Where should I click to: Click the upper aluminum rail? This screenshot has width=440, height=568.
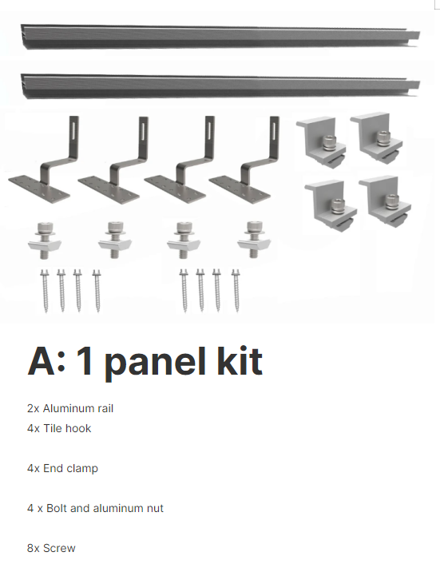[x=220, y=37]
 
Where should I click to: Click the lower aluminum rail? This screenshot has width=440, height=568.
[x=220, y=86]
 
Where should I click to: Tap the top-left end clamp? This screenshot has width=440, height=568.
[x=321, y=142]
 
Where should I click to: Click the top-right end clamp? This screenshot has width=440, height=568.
[x=377, y=137]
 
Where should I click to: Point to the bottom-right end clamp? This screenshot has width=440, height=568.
[x=386, y=201]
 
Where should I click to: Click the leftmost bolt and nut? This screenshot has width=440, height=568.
[x=45, y=240]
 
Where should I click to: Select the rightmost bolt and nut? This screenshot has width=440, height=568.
[x=254, y=240]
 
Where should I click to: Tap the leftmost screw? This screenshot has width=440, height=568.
[x=45, y=291]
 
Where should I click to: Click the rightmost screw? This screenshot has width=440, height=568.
[x=236, y=290]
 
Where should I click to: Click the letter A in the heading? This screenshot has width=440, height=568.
[x=42, y=361]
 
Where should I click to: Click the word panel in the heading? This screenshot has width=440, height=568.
[x=156, y=363]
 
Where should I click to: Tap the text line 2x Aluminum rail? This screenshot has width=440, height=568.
[x=70, y=408]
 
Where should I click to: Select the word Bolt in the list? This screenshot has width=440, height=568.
[x=57, y=508]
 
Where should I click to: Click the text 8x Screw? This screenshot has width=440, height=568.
[x=51, y=548]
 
